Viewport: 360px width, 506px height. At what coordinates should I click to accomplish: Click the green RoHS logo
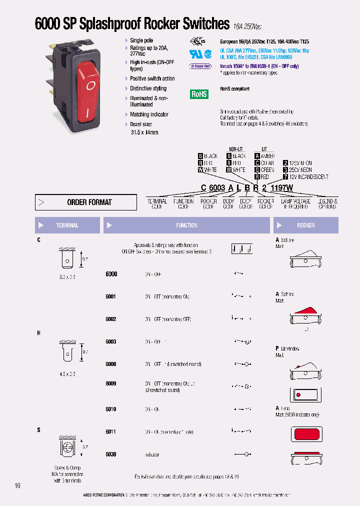[x=199, y=94]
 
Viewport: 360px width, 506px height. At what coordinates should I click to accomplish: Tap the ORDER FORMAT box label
[x=89, y=202]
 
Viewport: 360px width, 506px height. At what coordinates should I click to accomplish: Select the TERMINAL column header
[x=67, y=225]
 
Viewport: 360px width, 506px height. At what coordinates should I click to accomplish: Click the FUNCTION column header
[x=186, y=225]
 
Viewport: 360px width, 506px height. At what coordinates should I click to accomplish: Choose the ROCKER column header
[x=305, y=225]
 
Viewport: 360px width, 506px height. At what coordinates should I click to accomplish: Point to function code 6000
[x=111, y=274]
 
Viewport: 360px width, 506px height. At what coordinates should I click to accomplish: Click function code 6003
[x=111, y=341]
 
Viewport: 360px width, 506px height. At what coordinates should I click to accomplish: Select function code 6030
[x=111, y=454]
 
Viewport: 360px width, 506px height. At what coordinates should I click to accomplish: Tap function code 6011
[x=111, y=431]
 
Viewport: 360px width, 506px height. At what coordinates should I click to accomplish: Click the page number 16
[x=17, y=485]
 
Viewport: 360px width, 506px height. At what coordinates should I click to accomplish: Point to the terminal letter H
[x=38, y=332]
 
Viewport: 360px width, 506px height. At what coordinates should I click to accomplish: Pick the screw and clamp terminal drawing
[x=67, y=447]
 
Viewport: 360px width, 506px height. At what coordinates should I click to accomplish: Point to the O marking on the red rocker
[x=90, y=85]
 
